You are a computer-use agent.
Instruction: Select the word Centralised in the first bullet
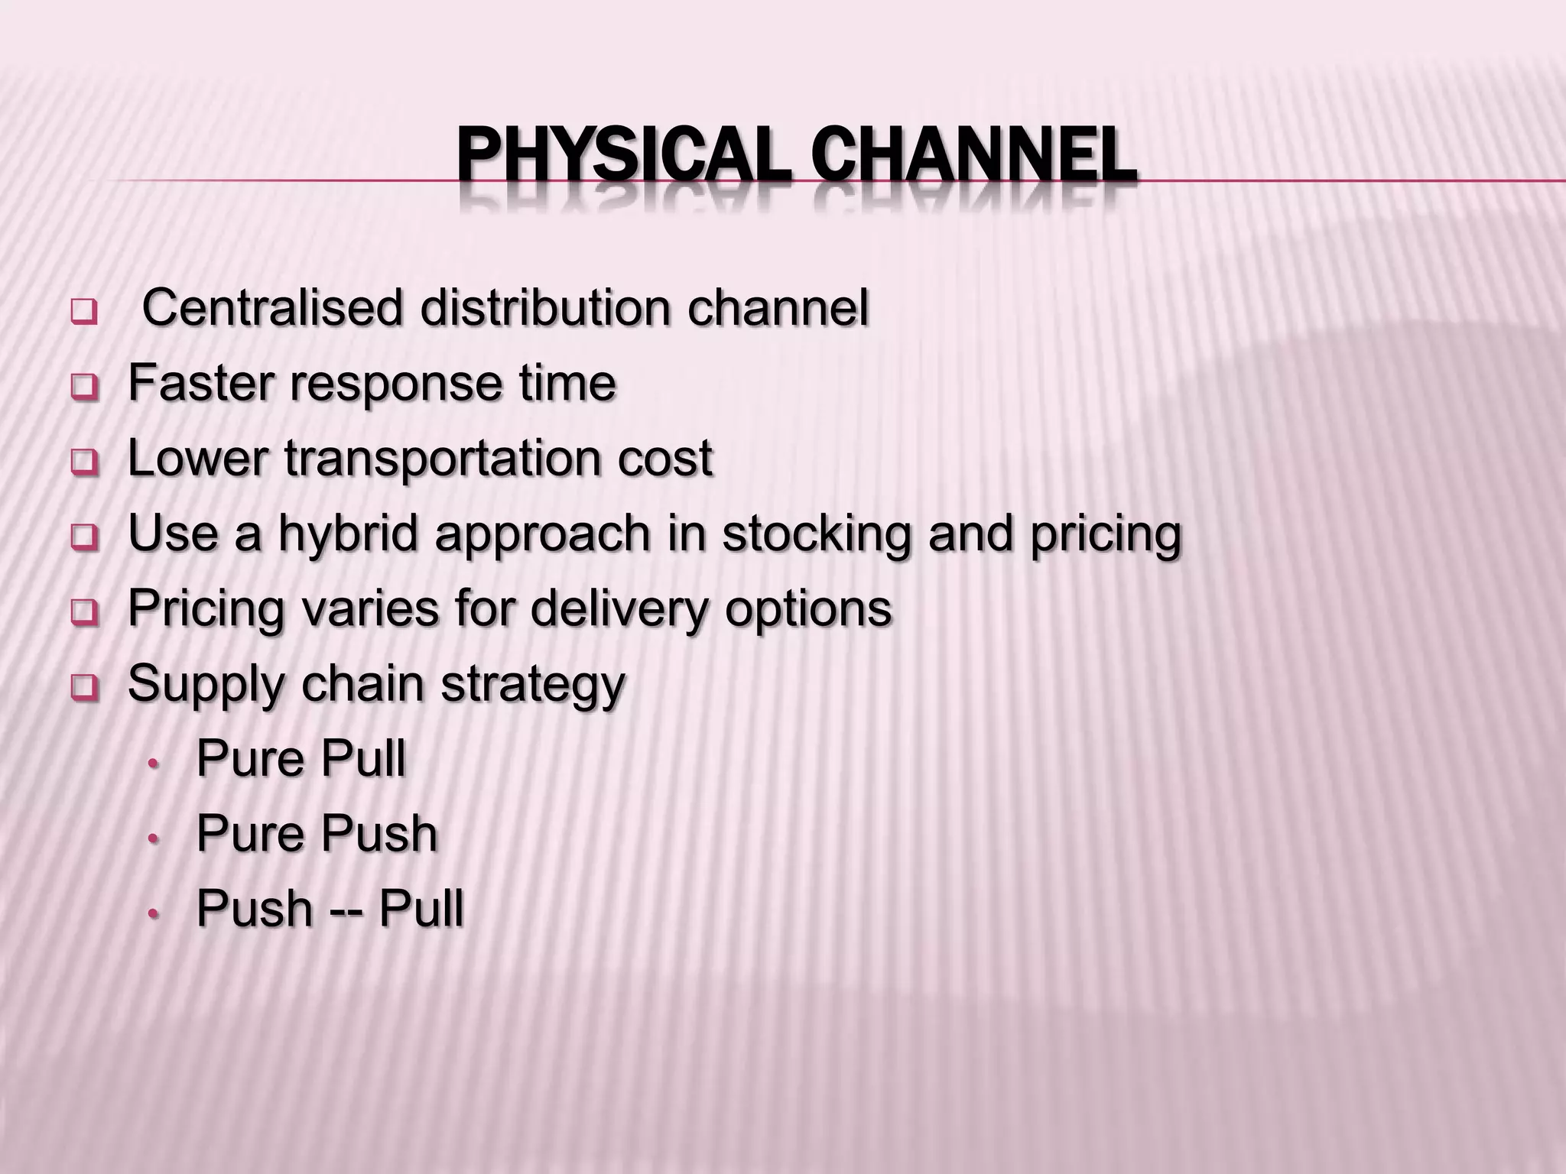[272, 308]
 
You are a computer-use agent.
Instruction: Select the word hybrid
[348, 533]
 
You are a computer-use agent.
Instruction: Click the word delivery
[619, 609]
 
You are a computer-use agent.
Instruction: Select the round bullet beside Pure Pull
[154, 762]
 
